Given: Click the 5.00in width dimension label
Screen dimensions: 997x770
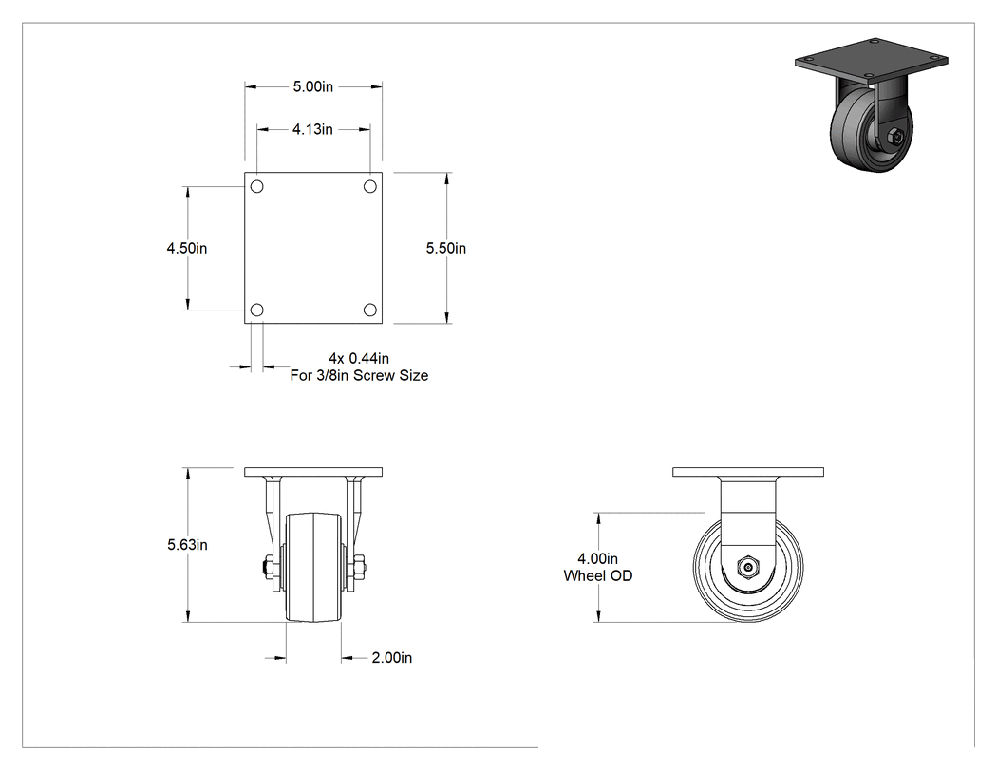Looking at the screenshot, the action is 312,86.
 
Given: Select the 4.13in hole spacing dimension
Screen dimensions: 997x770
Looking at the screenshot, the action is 312,129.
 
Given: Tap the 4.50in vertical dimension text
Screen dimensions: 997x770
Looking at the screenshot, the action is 187,248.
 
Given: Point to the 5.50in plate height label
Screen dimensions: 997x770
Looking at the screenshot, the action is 445,248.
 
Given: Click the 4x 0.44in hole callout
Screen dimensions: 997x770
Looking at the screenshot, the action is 359,359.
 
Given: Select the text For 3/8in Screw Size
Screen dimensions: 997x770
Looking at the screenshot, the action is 359,376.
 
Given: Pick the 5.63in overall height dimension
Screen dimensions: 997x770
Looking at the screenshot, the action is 188,545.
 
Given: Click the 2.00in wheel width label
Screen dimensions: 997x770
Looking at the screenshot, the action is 391,657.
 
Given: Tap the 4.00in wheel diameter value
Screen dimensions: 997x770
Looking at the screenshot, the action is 597,559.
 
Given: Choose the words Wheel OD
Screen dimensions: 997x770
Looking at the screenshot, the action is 597,576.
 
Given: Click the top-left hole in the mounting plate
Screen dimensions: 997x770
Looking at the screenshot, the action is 257,186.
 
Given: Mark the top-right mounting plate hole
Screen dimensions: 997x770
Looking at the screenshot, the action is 370,186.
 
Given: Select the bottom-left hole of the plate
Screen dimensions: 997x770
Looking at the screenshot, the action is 257,310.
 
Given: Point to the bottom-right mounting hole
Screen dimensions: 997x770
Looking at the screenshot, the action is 370,310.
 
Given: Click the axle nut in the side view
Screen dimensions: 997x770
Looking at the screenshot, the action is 748,567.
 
